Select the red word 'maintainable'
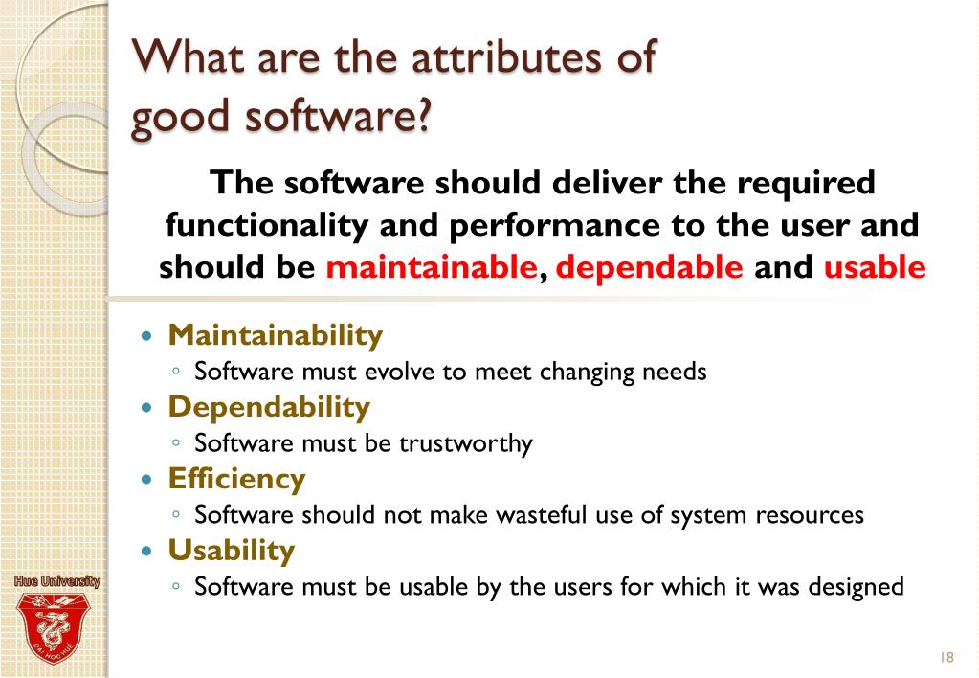point(431,267)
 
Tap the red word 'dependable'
point(650,267)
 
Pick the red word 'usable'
point(875,267)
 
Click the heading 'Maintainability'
point(276,336)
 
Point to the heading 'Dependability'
point(269,408)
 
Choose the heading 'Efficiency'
point(236,479)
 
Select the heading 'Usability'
point(232,551)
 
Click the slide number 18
point(947,657)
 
